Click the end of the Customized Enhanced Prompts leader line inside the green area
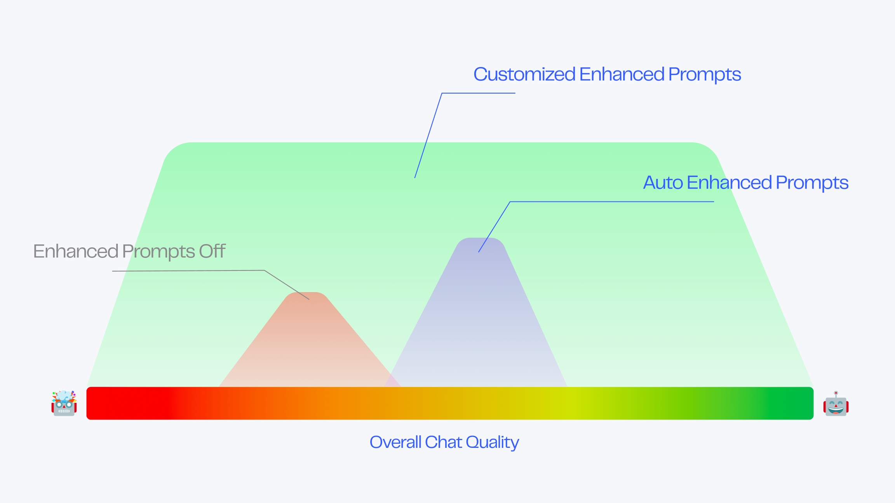(415, 178)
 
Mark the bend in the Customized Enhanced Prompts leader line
(442, 93)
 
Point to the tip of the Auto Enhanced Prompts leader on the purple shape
(479, 252)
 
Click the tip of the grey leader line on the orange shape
(309, 299)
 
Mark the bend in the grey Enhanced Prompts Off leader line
(265, 270)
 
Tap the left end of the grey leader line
(113, 271)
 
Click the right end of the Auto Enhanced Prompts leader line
(714, 201)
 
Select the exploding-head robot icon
(64, 403)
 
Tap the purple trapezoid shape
(476, 312)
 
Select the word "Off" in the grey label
(212, 251)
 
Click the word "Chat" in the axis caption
(443, 442)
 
